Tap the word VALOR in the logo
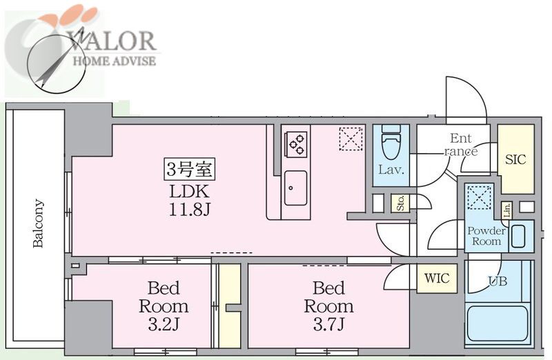(112, 41)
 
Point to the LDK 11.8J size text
(189, 201)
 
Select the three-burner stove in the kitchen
(296, 144)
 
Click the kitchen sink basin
(295, 188)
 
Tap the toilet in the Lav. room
(391, 143)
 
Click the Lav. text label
(391, 170)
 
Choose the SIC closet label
(515, 160)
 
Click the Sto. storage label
(400, 203)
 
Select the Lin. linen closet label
(507, 210)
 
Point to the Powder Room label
(486, 236)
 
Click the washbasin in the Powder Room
(518, 236)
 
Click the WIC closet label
(437, 279)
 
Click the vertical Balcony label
(38, 223)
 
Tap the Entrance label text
(461, 145)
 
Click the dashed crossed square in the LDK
(351, 139)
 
